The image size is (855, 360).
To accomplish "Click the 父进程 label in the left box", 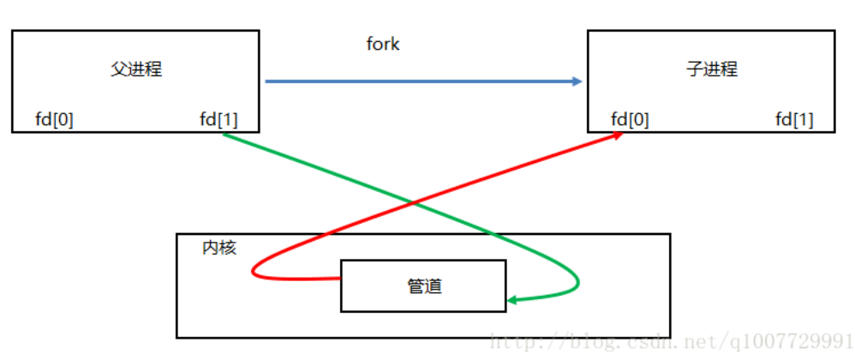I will [136, 69].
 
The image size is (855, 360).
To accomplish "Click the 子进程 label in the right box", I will [711, 69].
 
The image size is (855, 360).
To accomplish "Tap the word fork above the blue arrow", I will [383, 45].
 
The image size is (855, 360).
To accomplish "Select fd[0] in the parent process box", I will [54, 119].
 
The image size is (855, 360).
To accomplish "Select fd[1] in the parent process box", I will [218, 119].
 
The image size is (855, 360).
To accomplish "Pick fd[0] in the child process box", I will [630, 119].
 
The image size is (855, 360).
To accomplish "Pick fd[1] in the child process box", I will [794, 119].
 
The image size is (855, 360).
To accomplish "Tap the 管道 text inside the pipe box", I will [424, 286].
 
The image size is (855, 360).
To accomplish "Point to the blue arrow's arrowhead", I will [577, 81].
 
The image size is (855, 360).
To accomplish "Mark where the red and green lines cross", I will [416, 203].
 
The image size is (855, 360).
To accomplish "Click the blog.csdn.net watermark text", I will [668, 344].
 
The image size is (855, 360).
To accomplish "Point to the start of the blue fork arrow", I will [266, 81].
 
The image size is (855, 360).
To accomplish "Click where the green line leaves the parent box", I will [224, 134].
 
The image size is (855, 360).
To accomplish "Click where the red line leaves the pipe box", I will [341, 279].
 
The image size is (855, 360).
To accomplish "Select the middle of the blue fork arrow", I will [422, 81].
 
